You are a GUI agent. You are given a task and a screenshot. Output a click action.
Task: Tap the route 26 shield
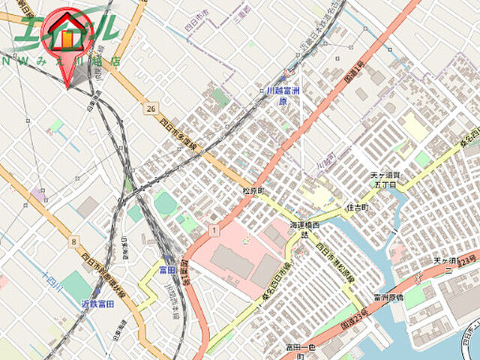pyautogui.click(x=151, y=109)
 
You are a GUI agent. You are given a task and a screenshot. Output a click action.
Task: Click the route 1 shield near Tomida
pyautogui.click(x=215, y=228)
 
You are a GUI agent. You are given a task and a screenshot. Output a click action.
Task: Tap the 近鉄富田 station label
pyautogui.click(x=97, y=304)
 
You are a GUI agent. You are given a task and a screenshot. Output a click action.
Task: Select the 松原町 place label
pyautogui.click(x=253, y=191)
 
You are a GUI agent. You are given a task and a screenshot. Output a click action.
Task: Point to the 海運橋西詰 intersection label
pyautogui.click(x=304, y=229)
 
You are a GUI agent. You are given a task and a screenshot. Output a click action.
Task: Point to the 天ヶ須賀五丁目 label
pyautogui.click(x=387, y=179)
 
